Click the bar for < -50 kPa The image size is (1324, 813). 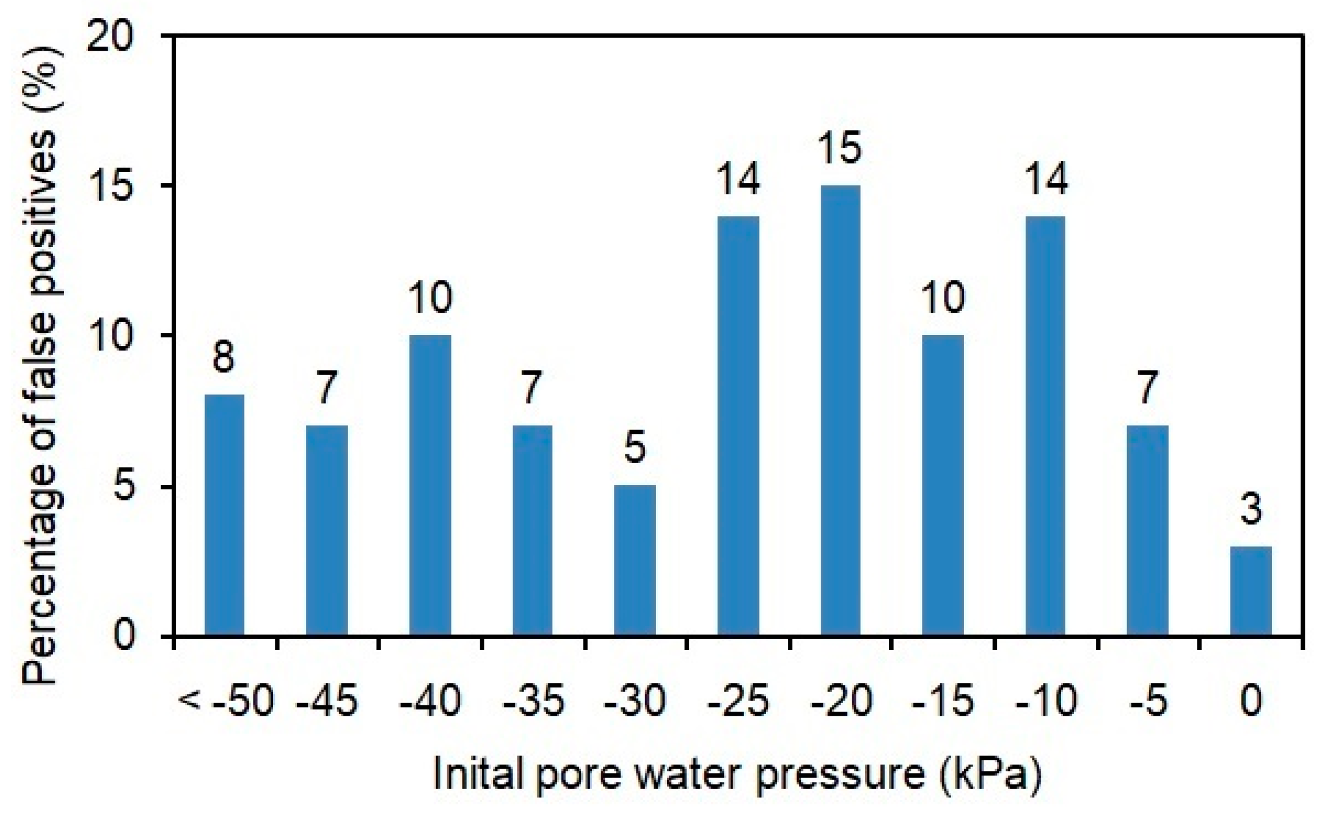(224, 515)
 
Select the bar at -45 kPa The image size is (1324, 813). (326, 530)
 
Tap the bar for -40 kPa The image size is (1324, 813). (430, 485)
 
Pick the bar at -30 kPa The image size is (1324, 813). (635, 560)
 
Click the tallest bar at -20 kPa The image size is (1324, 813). (840, 411)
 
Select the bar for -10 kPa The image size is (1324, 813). (1045, 426)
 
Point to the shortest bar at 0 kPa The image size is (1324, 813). (1250, 591)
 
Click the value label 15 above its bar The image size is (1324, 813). (840, 148)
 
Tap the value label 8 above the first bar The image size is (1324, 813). (224, 357)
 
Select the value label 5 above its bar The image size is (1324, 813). (635, 447)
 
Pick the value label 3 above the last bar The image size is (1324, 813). (1250, 510)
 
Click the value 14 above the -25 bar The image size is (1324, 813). (738, 178)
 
